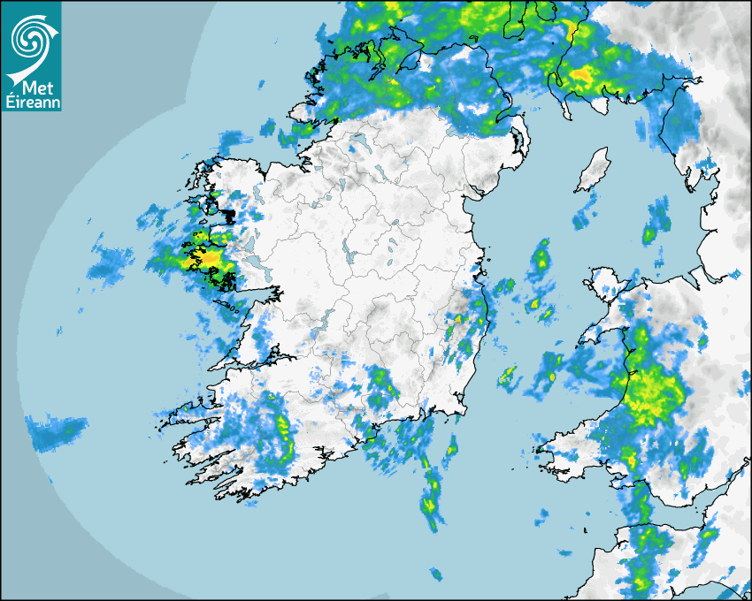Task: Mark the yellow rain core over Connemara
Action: (x=207, y=259)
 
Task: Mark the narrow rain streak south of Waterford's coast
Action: (x=431, y=495)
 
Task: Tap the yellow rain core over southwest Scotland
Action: (x=581, y=76)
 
